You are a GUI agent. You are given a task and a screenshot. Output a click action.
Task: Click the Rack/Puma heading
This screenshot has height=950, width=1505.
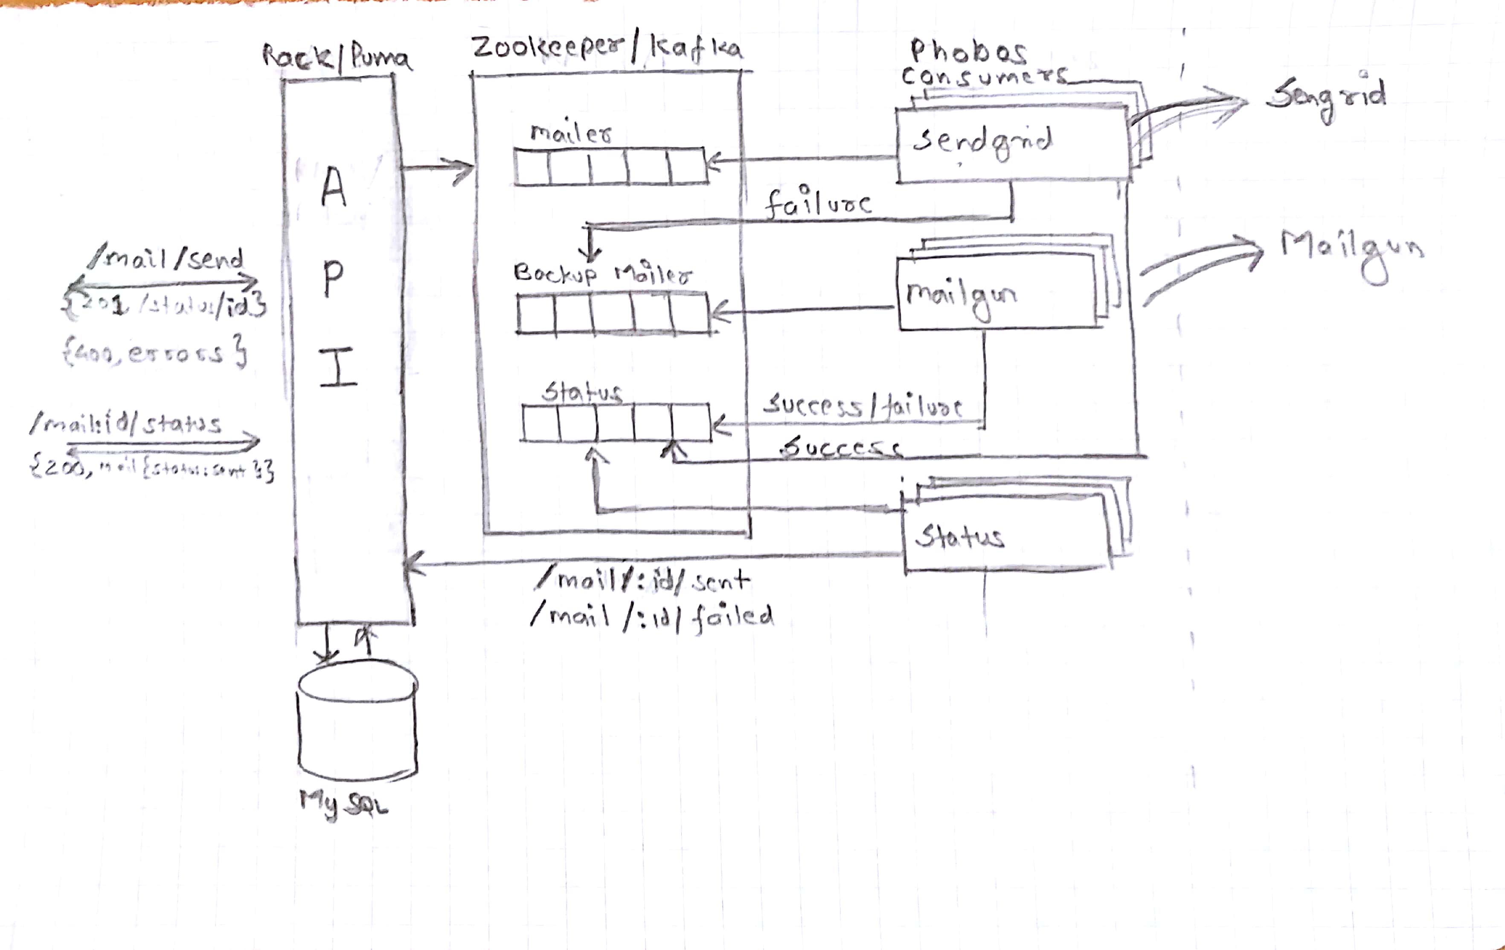pyautogui.click(x=336, y=58)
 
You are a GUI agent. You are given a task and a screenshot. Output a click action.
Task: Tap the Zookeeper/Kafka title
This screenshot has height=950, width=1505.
pyautogui.click(x=606, y=49)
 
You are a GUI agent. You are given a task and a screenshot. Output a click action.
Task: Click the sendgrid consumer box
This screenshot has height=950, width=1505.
pyautogui.click(x=1012, y=145)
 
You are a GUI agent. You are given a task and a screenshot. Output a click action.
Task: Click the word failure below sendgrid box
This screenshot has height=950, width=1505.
pyautogui.click(x=817, y=203)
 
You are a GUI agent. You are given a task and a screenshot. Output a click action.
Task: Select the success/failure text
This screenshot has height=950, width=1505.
pyautogui.click(x=863, y=406)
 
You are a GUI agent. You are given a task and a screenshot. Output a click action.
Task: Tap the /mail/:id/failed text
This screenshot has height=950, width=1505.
pyautogui.click(x=652, y=617)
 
